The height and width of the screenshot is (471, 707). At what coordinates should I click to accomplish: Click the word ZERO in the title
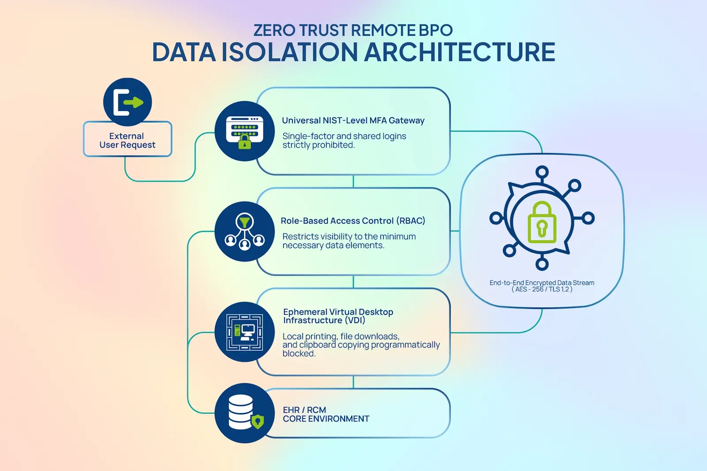tap(274, 30)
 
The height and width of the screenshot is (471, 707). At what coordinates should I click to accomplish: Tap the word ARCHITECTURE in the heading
tap(460, 52)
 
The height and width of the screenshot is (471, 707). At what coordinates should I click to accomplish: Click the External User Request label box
tap(128, 139)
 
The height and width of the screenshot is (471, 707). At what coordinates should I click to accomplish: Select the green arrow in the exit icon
tap(133, 102)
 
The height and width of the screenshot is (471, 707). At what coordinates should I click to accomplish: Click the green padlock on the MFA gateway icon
tap(245, 141)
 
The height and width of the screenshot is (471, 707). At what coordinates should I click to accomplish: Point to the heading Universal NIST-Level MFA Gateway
tap(353, 120)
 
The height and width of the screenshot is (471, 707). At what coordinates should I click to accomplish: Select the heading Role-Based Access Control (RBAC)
tap(353, 220)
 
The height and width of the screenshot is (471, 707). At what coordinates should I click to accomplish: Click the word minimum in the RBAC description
tap(397, 236)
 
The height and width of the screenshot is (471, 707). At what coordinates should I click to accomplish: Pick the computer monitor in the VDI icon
tap(248, 330)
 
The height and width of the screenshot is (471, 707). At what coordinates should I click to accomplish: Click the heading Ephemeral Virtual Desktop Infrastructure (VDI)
tap(338, 316)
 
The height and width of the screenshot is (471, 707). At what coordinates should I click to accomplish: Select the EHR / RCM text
tap(304, 410)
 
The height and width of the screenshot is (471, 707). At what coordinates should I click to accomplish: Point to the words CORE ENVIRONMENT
tap(326, 418)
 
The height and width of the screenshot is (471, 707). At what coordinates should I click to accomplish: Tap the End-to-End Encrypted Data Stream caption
tap(542, 282)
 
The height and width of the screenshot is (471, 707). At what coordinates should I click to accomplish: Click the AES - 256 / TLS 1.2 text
tap(542, 289)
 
